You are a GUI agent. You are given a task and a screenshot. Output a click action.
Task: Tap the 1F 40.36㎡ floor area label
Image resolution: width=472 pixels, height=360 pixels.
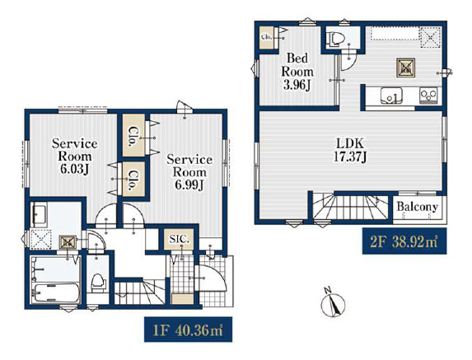(188, 330)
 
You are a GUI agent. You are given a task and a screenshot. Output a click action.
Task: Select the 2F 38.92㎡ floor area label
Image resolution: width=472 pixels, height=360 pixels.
(404, 241)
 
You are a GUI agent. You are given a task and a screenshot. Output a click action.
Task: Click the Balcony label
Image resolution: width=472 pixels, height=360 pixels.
(417, 207)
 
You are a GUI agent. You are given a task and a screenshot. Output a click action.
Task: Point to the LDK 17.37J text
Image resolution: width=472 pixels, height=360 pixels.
(350, 150)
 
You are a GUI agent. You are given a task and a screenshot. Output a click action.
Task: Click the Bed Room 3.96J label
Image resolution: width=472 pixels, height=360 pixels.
(297, 72)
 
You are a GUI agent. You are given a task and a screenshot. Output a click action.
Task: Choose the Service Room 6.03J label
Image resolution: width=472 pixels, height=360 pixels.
(74, 157)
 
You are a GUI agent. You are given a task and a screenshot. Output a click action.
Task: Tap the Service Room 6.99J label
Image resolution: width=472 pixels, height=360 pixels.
(189, 172)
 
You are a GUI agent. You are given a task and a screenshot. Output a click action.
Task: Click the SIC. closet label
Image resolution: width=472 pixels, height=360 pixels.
(179, 239)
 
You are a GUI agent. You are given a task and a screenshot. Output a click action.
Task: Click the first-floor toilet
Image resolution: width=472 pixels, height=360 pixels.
(98, 283)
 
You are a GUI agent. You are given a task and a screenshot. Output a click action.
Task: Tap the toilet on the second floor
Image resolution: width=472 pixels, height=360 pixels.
(335, 40)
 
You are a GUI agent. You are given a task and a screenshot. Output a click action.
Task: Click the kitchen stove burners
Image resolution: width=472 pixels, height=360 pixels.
(428, 96)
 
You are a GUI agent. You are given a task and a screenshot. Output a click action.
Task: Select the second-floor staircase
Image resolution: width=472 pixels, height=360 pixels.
(350, 207)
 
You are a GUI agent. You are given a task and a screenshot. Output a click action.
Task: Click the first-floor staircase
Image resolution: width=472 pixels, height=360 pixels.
(139, 292)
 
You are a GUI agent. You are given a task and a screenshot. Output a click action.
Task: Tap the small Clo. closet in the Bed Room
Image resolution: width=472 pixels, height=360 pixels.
(267, 37)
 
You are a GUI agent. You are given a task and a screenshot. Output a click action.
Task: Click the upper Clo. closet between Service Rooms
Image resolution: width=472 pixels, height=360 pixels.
(133, 135)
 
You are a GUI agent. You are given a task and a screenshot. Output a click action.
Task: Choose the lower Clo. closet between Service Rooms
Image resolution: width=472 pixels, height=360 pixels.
(133, 180)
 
